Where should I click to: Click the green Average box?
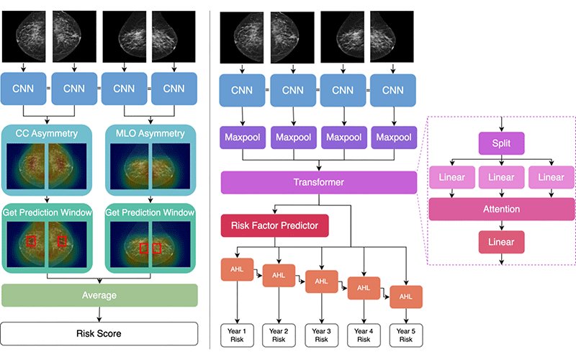tap(99, 295)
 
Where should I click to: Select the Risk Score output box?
tap(99, 333)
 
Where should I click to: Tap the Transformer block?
tap(318, 183)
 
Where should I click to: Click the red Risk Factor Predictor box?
tap(274, 225)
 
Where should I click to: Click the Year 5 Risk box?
tap(406, 335)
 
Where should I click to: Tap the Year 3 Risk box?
tap(321, 335)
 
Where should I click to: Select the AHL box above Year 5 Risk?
tap(406, 297)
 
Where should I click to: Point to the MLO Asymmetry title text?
tap(151, 132)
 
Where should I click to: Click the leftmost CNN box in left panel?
tap(24, 89)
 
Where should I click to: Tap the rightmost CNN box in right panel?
tap(392, 90)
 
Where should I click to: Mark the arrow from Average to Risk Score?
tap(99, 314)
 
